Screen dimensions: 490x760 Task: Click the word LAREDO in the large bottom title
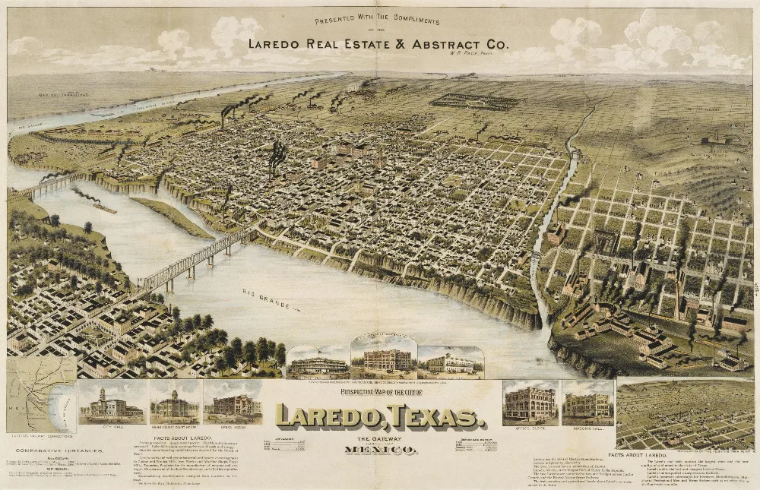coord(329,416)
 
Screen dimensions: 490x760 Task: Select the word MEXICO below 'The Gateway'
coord(380,450)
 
